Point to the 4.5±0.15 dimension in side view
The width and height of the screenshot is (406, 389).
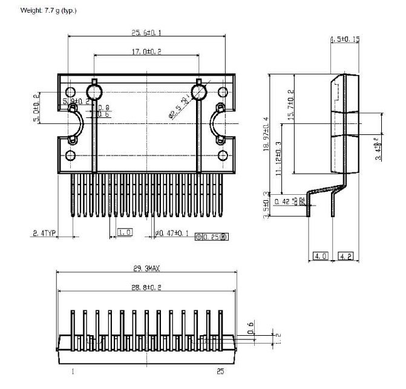click(x=345, y=39)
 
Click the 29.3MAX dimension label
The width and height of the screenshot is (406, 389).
click(x=145, y=267)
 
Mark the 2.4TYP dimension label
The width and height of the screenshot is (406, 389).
click(x=44, y=232)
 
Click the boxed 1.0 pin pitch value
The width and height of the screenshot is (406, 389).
click(x=125, y=232)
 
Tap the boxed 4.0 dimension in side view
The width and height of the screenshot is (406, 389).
click(x=321, y=256)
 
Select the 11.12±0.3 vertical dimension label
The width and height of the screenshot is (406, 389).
click(x=278, y=157)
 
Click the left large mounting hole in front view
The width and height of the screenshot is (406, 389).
click(x=94, y=92)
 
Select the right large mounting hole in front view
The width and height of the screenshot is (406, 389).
click(x=199, y=92)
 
